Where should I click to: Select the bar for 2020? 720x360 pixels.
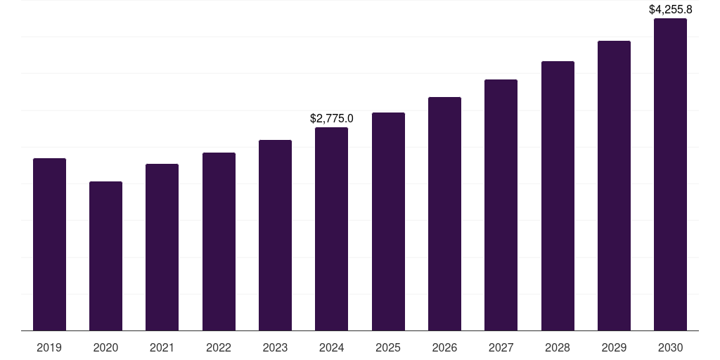(x=105, y=256)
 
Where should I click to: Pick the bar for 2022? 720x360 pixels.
(x=219, y=242)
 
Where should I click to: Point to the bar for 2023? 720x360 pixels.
(x=275, y=236)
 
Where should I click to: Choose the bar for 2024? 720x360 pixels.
(x=331, y=229)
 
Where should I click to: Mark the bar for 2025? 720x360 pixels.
(x=388, y=221)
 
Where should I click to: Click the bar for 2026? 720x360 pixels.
(x=444, y=214)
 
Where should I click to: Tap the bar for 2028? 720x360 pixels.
(x=558, y=196)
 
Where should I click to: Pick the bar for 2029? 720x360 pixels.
(x=614, y=186)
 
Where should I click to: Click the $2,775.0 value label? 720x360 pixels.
(x=332, y=119)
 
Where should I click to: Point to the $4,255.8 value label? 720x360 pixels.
(x=670, y=10)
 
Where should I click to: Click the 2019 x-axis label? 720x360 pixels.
(x=49, y=348)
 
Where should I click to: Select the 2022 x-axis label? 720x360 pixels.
(x=219, y=348)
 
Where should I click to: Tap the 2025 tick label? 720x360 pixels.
(x=388, y=348)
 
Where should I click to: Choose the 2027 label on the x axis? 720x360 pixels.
(x=501, y=348)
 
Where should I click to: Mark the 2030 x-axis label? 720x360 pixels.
(x=670, y=348)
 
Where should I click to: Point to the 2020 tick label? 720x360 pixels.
(x=105, y=348)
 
